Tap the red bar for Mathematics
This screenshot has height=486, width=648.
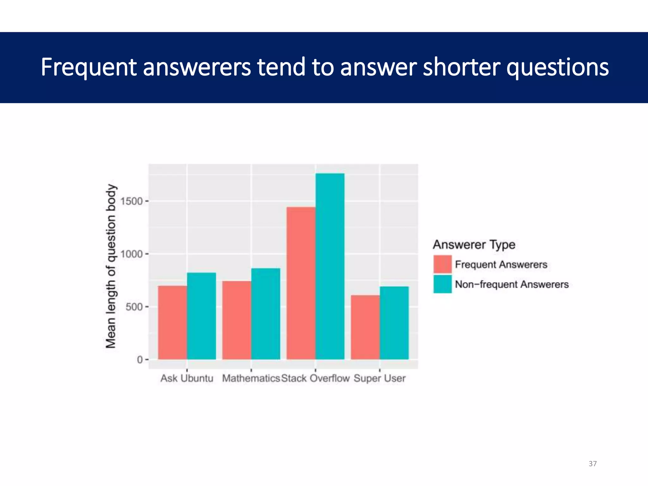(x=237, y=320)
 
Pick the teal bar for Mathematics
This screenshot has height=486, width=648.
(x=266, y=314)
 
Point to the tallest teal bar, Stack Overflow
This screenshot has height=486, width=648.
(x=330, y=266)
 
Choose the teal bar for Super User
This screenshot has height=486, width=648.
(x=394, y=323)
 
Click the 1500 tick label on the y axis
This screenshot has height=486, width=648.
(x=132, y=201)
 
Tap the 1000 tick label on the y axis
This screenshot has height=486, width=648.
(x=132, y=254)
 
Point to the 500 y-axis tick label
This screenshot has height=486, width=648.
(x=134, y=307)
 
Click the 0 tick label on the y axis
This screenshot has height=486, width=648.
(x=140, y=360)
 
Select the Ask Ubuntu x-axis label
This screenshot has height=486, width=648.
(x=187, y=378)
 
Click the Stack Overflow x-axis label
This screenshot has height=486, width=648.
(x=315, y=378)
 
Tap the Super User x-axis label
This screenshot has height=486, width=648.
(x=379, y=378)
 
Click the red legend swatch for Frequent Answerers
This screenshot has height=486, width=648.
(x=442, y=264)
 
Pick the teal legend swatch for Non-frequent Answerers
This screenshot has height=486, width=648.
(x=442, y=284)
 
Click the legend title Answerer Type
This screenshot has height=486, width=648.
(x=474, y=245)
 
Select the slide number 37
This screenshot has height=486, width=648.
(x=593, y=464)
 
